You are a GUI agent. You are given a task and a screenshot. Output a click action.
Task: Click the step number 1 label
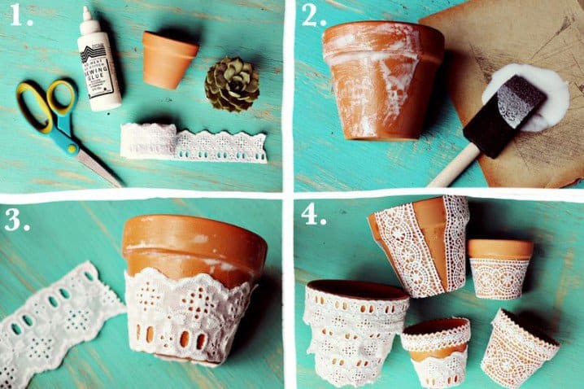(x=19, y=16)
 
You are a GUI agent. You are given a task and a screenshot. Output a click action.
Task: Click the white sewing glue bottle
(x=100, y=69)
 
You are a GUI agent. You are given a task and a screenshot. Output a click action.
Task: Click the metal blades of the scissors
(x=94, y=163)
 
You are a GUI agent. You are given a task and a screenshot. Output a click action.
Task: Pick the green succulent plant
(x=232, y=84)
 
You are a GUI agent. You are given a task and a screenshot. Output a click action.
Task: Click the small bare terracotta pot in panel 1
(x=168, y=59)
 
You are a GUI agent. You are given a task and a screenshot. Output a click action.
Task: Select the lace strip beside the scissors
(x=194, y=143)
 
